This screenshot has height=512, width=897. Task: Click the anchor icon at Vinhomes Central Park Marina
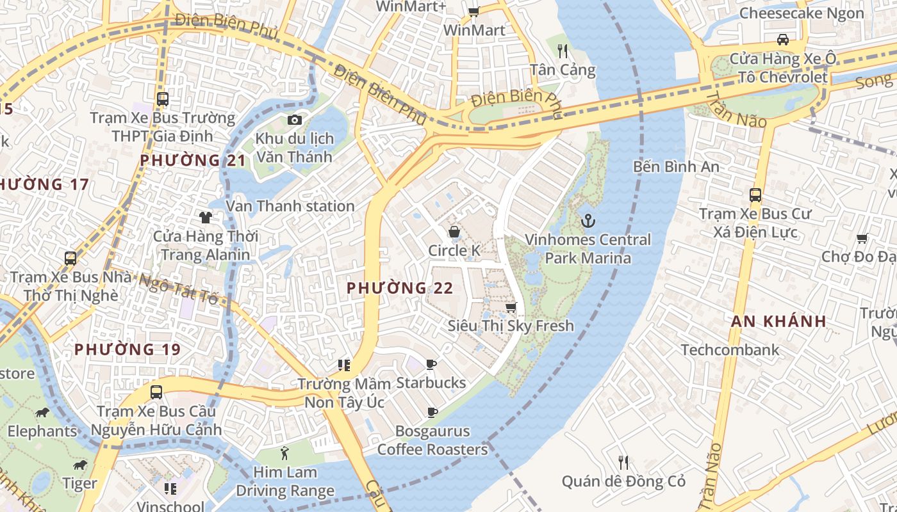click(x=588, y=221)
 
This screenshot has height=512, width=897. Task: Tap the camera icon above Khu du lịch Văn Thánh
click(x=294, y=120)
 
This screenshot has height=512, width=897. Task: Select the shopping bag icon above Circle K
click(x=454, y=232)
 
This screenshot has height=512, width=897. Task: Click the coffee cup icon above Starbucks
click(x=431, y=365)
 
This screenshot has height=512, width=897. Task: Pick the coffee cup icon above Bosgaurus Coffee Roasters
click(x=432, y=413)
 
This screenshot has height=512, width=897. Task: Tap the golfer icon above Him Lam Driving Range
click(x=284, y=454)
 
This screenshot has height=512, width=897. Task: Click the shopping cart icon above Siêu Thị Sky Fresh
click(x=511, y=308)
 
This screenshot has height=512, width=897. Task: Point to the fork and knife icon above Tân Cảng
click(x=563, y=51)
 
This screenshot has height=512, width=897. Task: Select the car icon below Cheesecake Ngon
click(x=782, y=40)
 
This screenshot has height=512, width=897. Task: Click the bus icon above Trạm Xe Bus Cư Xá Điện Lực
click(x=755, y=195)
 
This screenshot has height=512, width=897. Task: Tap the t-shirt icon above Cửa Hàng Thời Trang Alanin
click(x=205, y=218)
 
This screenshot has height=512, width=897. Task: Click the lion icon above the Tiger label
click(x=79, y=465)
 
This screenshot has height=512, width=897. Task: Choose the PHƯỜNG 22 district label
click(x=400, y=289)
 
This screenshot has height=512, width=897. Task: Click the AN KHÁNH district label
click(x=778, y=322)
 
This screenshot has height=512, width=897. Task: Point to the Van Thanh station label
click(x=290, y=206)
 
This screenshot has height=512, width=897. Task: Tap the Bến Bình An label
click(x=676, y=167)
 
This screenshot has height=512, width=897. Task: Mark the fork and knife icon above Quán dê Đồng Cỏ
click(x=623, y=462)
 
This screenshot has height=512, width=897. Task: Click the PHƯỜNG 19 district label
click(x=128, y=349)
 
